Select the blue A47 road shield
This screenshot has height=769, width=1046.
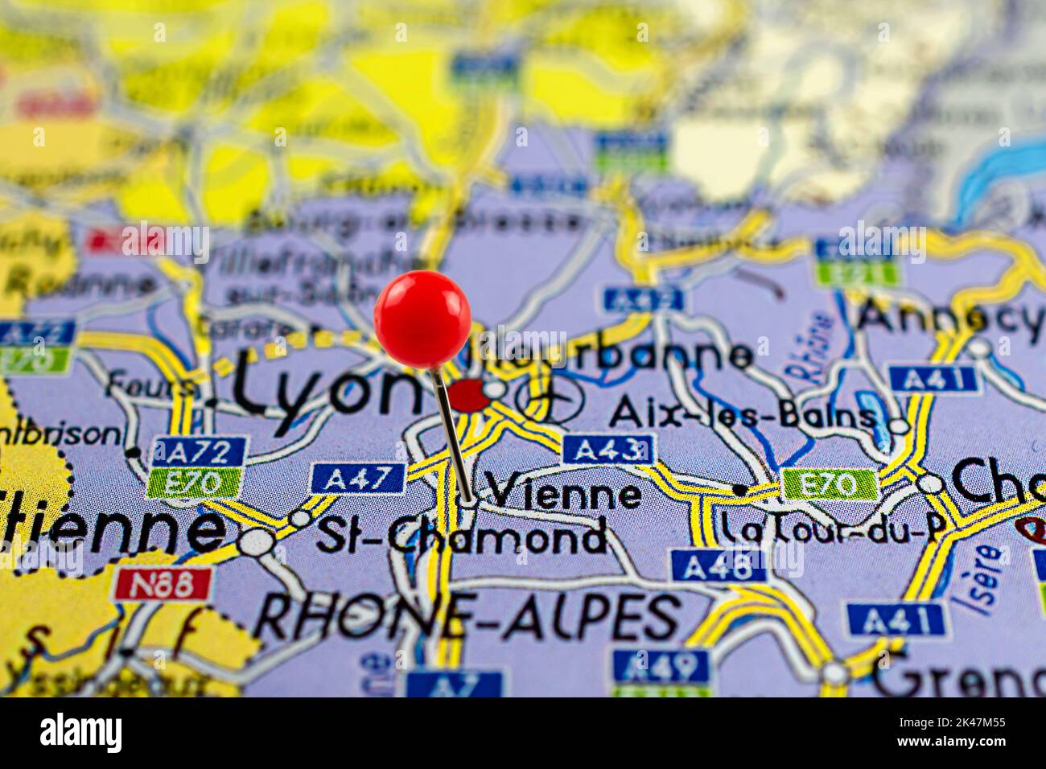pyautogui.click(x=357, y=479)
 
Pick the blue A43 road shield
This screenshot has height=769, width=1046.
pyautogui.click(x=608, y=449)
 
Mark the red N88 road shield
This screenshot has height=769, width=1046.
pyautogui.click(x=164, y=583)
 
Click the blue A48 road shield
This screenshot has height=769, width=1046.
pyautogui.click(x=719, y=565)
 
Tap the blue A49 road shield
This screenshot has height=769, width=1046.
pyautogui.click(x=661, y=665)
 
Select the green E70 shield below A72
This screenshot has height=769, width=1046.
pyautogui.click(x=195, y=483)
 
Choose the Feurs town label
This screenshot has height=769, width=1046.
pyautogui.click(x=153, y=384)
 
